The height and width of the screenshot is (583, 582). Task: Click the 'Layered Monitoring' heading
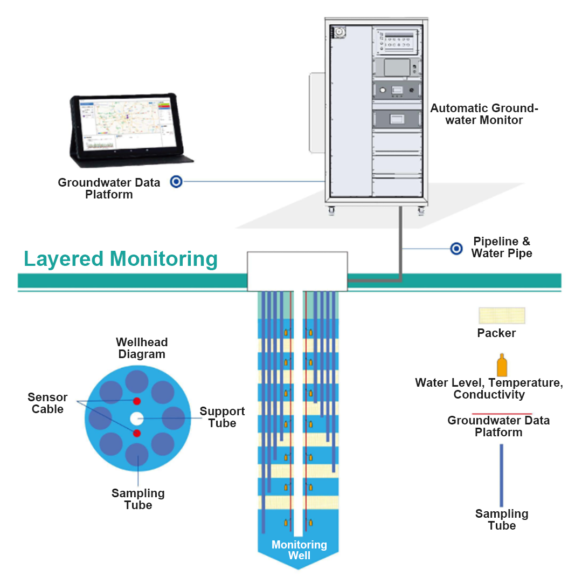[121, 259]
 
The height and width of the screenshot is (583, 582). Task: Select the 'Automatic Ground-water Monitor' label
[484, 114]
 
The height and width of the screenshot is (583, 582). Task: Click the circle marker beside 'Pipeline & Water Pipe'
[456, 249]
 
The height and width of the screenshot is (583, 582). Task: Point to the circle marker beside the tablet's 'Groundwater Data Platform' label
[176, 182]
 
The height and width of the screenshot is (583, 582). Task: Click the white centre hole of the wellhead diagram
[136, 417]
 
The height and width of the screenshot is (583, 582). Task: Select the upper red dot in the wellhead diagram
[137, 401]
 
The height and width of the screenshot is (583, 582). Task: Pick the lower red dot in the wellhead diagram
[137, 434]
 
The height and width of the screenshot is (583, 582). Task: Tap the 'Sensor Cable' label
[47, 403]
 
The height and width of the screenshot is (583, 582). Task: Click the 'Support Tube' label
[222, 417]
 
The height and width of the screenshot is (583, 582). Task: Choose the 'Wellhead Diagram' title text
[142, 348]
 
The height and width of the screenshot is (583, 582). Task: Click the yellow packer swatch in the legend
[502, 315]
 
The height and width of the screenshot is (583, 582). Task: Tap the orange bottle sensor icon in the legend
[502, 366]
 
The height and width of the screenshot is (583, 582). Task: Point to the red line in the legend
[502, 414]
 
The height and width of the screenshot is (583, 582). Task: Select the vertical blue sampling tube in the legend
[501, 475]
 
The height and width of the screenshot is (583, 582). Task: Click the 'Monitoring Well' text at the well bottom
[299, 550]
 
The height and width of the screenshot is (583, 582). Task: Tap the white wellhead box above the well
[297, 271]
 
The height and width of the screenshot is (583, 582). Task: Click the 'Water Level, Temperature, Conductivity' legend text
[489, 389]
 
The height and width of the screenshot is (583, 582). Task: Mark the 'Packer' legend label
[496, 333]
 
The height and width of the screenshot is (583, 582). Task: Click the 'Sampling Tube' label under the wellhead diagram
[138, 499]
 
